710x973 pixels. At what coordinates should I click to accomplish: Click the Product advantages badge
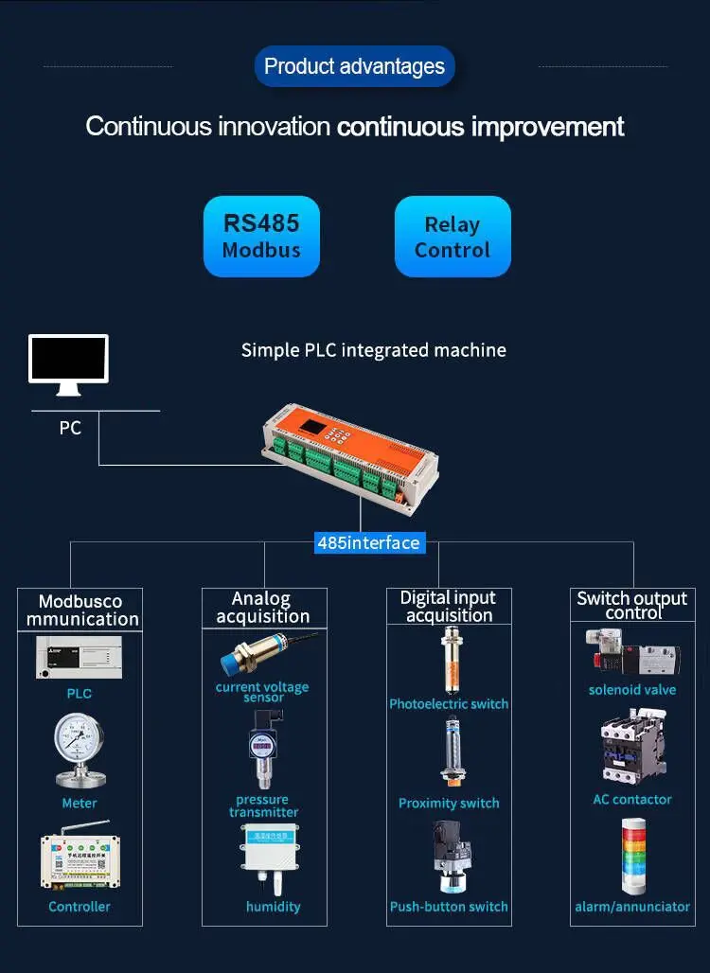355,66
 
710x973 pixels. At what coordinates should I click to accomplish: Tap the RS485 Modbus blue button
261,237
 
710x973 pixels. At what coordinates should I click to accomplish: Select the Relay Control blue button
453,237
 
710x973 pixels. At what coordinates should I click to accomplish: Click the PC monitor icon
68,363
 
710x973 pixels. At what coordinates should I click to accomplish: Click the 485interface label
368,542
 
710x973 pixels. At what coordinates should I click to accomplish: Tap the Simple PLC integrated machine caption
373,350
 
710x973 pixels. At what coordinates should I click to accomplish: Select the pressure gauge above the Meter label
79,750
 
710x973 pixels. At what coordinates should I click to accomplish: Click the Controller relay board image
79,860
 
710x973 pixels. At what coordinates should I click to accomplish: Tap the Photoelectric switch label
449,704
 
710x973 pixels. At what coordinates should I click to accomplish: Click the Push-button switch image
449,857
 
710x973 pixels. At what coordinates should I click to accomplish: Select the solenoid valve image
632,654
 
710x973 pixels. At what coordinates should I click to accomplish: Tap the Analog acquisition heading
263,607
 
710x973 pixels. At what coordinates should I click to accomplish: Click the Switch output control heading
632,605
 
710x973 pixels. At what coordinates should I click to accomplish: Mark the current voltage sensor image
266,654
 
